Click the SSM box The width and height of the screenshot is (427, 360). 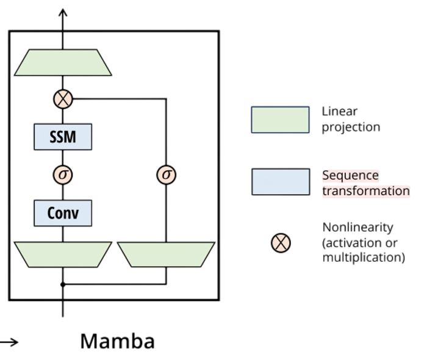coord(63,137)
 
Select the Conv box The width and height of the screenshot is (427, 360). coord(63,213)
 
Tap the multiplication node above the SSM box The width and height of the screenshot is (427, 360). coord(63,98)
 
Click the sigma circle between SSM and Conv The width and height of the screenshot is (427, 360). coord(63,175)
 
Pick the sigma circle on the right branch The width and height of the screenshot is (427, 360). coord(166,175)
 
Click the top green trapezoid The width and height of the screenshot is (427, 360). coord(63,63)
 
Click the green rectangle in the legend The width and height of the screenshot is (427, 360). coord(280,120)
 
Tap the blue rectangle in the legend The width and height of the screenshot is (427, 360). coord(280,182)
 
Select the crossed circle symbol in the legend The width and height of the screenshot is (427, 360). coord(281,243)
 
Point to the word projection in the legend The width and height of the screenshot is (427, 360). coord(351,128)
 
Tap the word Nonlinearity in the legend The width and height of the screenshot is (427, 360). coord(358,228)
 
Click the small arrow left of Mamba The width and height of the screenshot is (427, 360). coord(9,342)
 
